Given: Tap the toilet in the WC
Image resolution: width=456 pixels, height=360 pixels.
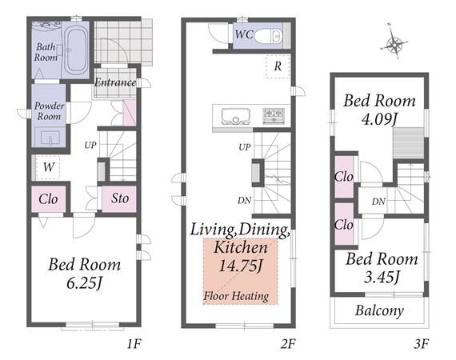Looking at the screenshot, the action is (269, 37).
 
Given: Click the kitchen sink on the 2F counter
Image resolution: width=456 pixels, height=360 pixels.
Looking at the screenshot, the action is (235, 116).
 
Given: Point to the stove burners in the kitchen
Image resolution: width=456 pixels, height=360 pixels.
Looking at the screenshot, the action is (274, 115).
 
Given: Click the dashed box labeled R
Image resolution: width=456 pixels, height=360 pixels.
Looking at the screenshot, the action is (278, 66).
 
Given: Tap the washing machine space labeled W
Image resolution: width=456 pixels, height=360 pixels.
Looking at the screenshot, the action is (48, 167).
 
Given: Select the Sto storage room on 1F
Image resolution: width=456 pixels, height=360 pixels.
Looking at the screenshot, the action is (119, 198).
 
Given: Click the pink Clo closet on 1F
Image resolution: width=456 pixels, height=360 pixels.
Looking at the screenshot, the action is (49, 199).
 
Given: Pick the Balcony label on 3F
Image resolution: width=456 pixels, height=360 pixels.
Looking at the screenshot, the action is (379, 310).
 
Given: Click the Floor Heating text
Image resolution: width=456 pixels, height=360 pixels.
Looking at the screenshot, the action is (236, 296).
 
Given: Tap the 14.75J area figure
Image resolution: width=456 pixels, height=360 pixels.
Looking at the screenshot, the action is (241, 266).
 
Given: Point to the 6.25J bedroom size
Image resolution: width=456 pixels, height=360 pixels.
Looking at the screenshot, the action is (84, 283).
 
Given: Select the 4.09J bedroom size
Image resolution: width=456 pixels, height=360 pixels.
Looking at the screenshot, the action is (379, 118).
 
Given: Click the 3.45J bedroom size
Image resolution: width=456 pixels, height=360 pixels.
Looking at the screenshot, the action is (382, 277).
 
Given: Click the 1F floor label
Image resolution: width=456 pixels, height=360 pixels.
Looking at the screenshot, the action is (134, 344).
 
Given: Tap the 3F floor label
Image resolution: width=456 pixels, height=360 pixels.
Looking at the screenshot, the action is (421, 344).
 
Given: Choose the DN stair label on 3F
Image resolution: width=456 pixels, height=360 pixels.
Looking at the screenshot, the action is (378, 202).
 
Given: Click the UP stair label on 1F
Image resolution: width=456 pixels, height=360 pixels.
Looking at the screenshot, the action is (90, 145).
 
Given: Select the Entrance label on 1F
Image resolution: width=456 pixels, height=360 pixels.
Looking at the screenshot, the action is (115, 82).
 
